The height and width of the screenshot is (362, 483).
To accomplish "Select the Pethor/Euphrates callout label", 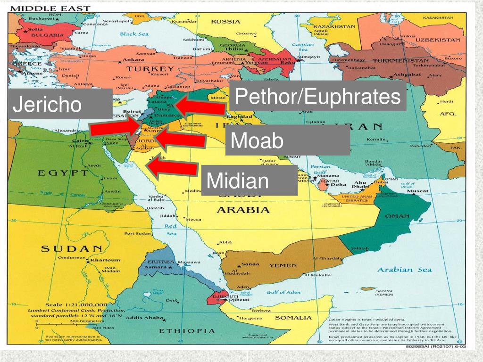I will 317,97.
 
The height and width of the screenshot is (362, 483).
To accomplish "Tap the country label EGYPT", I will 63,173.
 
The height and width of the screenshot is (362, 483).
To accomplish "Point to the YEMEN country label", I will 283,265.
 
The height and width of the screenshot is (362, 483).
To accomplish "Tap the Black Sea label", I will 134,34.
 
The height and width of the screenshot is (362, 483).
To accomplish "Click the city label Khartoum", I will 105,260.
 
